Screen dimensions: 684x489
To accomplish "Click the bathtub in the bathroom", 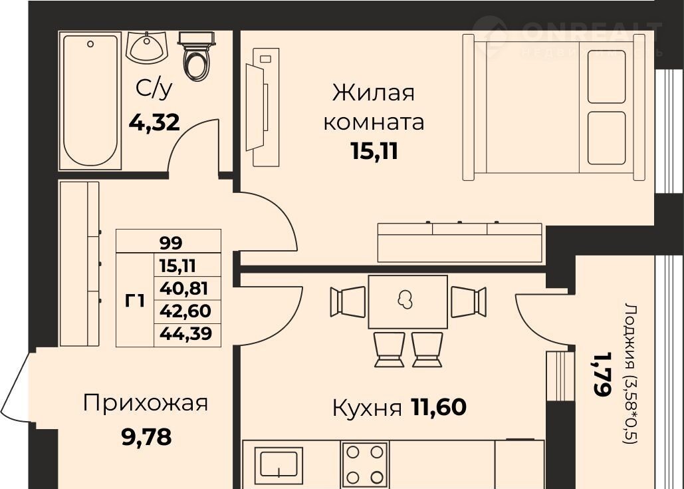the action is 90,100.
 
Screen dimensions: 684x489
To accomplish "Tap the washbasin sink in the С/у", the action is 146,47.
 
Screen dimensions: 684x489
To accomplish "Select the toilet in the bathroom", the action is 196,55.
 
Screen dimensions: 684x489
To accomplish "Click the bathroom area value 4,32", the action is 154,122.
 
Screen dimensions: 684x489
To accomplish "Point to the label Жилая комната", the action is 374,107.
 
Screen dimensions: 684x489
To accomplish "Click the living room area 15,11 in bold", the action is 374,152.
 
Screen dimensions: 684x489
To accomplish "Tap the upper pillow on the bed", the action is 606,77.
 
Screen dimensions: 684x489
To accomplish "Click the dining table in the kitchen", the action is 408,301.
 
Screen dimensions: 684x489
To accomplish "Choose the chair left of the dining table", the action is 348,301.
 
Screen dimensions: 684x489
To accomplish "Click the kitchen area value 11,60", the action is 439,407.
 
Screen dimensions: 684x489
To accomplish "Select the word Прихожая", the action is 146,403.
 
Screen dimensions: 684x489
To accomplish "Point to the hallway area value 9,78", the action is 146,437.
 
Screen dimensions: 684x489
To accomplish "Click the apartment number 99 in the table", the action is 171,242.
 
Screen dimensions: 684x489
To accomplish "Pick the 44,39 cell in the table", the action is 186,333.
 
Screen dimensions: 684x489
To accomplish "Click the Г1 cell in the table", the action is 135,301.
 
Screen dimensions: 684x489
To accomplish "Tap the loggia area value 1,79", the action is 601,375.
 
